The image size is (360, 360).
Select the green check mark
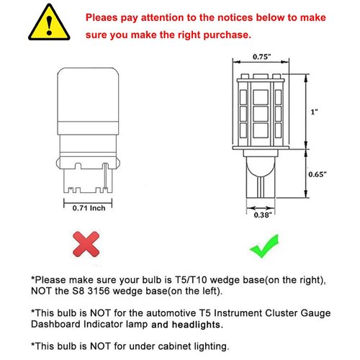264,245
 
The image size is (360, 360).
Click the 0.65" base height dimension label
318,175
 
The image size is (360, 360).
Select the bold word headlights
203,325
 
